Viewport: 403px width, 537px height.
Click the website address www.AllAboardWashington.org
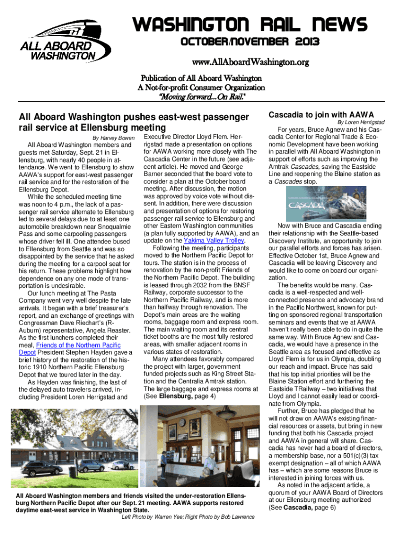click(x=245, y=62)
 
